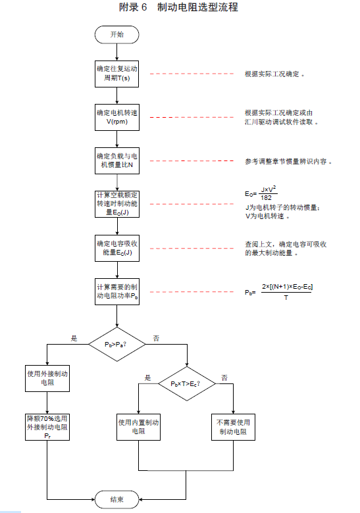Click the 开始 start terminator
click(x=117, y=35)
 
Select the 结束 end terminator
click(x=117, y=499)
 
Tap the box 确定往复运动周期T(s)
click(x=117, y=74)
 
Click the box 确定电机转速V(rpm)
click(x=117, y=117)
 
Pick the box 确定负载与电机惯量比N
click(x=117, y=160)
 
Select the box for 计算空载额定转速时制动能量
click(x=117, y=204)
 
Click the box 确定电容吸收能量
click(x=117, y=248)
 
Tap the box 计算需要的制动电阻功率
click(x=117, y=291)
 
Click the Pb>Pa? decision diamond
click(x=117, y=344)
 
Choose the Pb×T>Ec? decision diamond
click(x=187, y=383)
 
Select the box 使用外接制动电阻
click(x=47, y=378)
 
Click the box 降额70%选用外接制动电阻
click(x=47, y=427)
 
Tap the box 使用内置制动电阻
click(x=138, y=427)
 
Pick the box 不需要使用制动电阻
click(x=233, y=427)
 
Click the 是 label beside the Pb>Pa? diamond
click(x=74, y=338)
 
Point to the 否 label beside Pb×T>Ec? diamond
click(x=224, y=378)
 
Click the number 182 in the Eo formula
click(x=266, y=197)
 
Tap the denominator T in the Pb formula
click(x=286, y=298)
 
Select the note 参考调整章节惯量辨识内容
click(x=288, y=162)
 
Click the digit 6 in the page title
click(x=144, y=7)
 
